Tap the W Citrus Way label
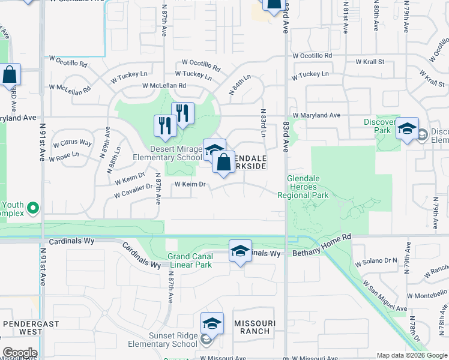pyautogui.click(x=73, y=143)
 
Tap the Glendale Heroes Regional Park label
pyautogui.click(x=303, y=187)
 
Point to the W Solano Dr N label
pyautogui.click(x=376, y=262)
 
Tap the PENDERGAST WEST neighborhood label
pyautogui.click(x=23, y=327)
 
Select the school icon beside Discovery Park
pyautogui.click(x=407, y=128)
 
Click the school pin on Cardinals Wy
pyautogui.click(x=240, y=251)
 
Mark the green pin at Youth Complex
pyautogui.click(x=33, y=209)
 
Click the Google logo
pyautogui.click(x=19, y=353)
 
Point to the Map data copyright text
pyautogui.click(x=411, y=355)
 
